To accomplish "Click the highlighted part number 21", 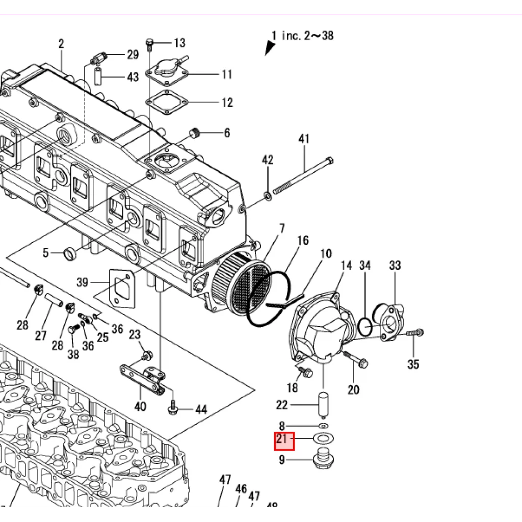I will pyautogui.click(x=284, y=440).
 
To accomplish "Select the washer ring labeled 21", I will pyautogui.click(x=323, y=438).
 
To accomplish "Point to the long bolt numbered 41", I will pyautogui.click(x=304, y=175).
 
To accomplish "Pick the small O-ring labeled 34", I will pyautogui.click(x=364, y=326).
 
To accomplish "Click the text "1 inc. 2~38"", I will pyautogui.click(x=302, y=36).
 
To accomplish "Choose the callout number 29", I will pyautogui.click(x=133, y=55).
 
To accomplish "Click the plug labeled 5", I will pyautogui.click(x=69, y=252).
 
